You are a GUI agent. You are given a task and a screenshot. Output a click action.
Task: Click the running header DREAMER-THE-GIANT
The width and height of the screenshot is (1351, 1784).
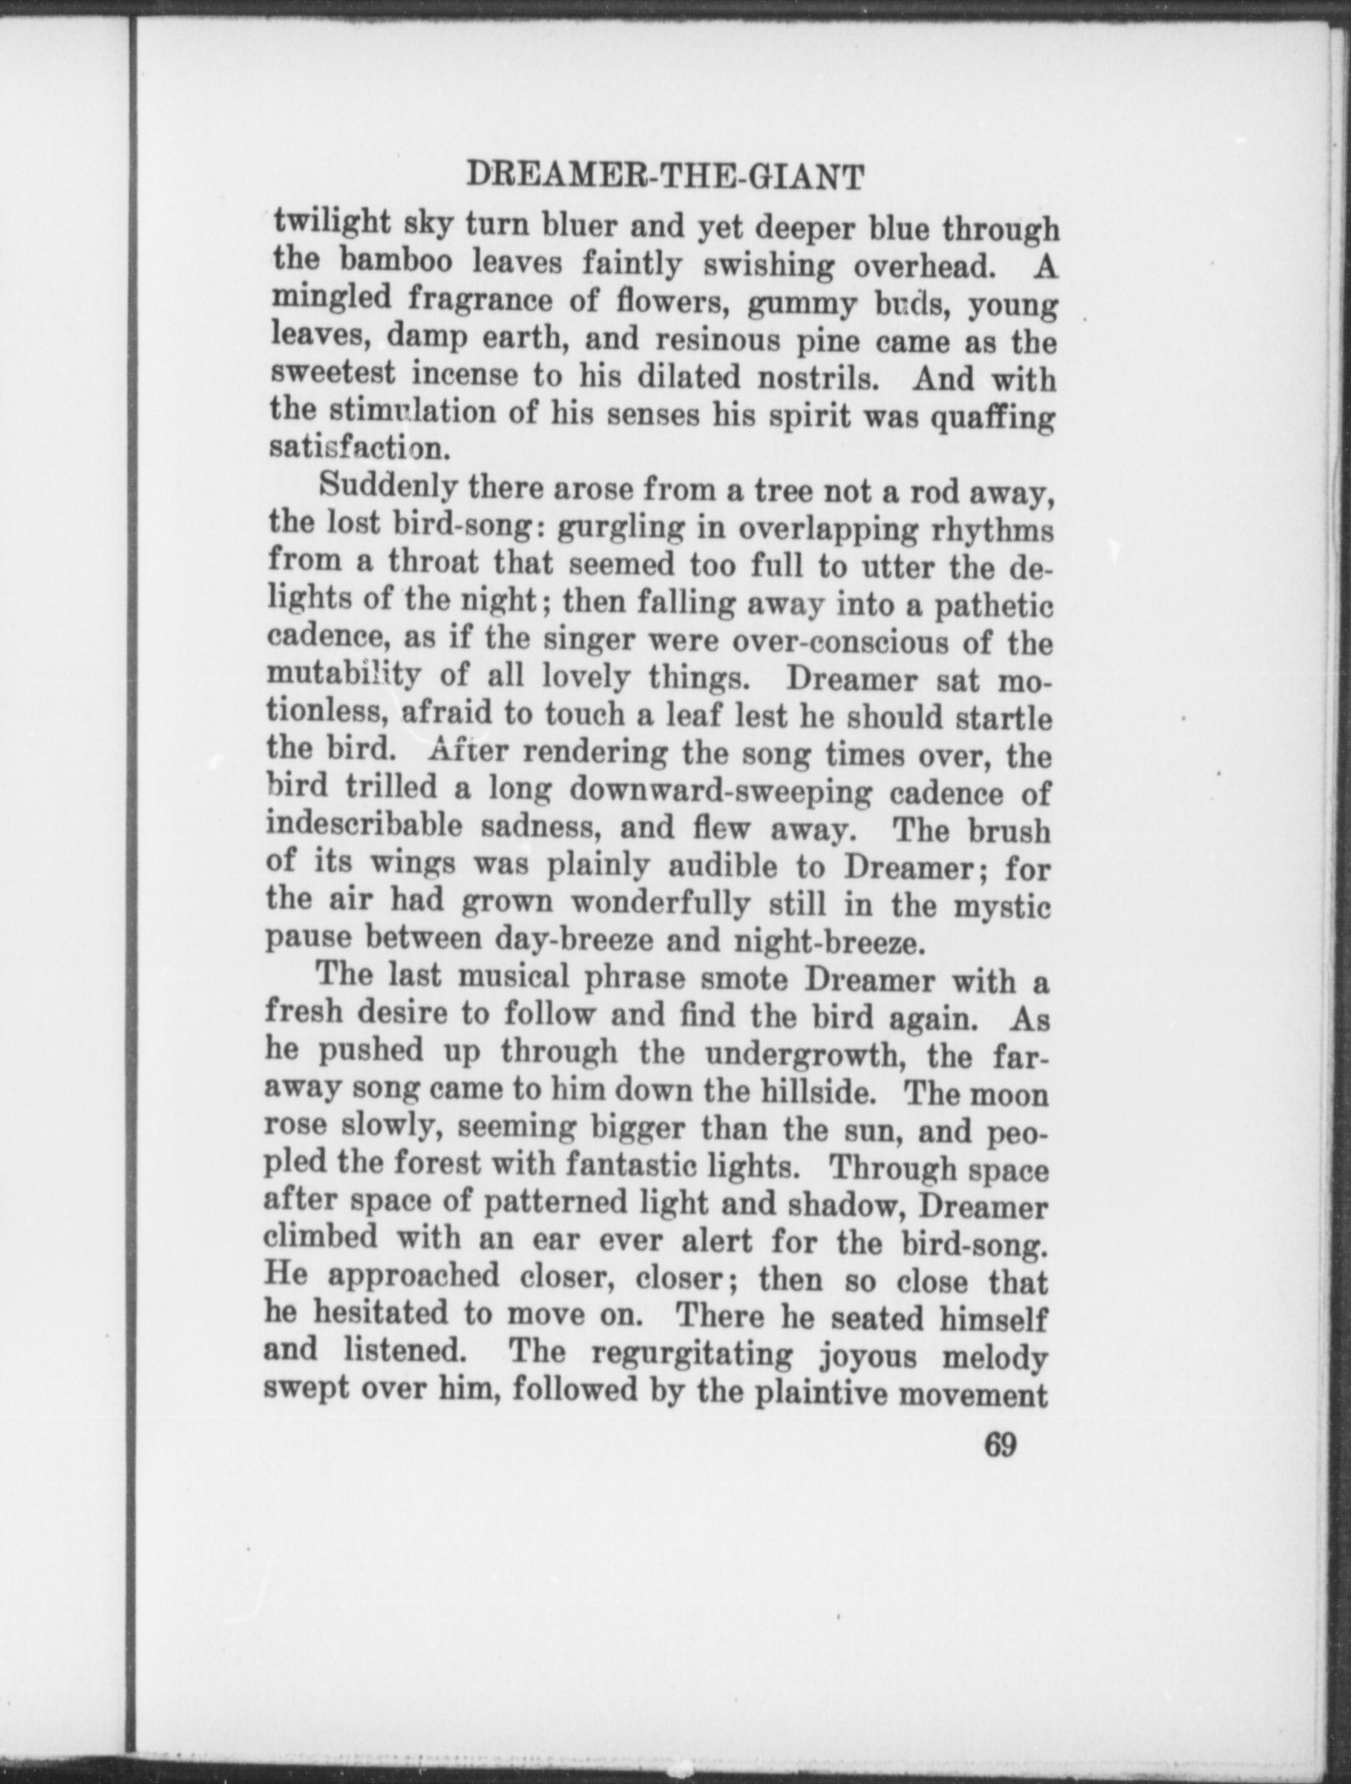[665, 177]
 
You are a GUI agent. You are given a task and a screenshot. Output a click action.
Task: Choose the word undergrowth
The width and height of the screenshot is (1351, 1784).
[800, 1056]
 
